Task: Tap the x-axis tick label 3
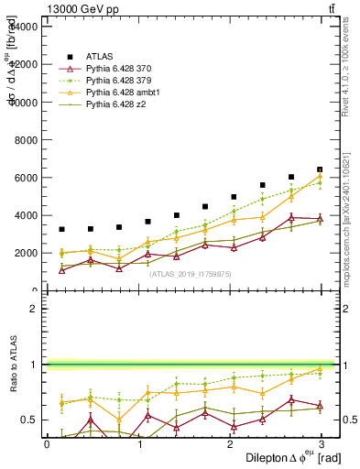tap(326, 443)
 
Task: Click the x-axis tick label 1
tap(140, 443)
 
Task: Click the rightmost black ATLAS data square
tap(320, 169)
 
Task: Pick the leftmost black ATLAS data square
tap(61, 229)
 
